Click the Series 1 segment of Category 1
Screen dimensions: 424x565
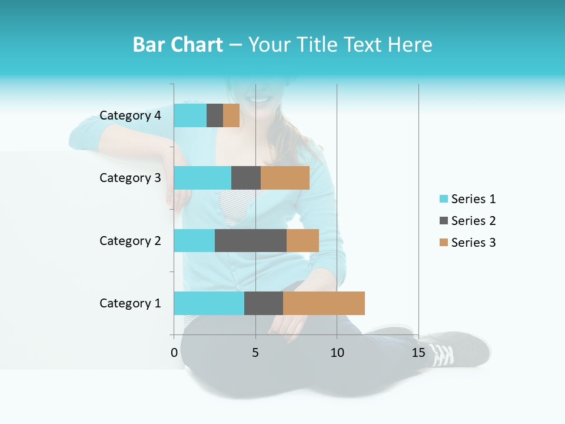tap(209, 303)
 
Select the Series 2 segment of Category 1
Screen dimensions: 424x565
tap(264, 303)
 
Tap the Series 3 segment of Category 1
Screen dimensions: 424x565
tap(324, 303)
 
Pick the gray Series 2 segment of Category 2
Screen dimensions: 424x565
tap(251, 240)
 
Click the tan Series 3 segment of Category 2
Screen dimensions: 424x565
tap(303, 240)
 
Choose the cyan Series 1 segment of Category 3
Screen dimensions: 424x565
tap(202, 178)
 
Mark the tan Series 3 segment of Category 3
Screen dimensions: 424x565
tap(285, 178)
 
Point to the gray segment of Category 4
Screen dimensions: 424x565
tap(215, 115)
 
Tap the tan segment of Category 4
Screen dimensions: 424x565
tap(231, 115)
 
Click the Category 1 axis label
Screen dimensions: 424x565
tap(130, 303)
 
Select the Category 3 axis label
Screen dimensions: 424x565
tap(130, 178)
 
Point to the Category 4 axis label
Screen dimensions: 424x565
tap(130, 115)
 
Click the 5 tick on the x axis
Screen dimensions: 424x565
tap(255, 353)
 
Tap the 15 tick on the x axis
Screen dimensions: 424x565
tap(418, 353)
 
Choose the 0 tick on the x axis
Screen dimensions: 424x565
tap(174, 353)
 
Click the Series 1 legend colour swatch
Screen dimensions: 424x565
tap(443, 199)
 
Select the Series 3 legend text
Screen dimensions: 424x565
tap(473, 243)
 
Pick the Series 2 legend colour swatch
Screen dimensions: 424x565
tap(443, 221)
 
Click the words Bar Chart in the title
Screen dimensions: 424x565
tap(178, 45)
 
